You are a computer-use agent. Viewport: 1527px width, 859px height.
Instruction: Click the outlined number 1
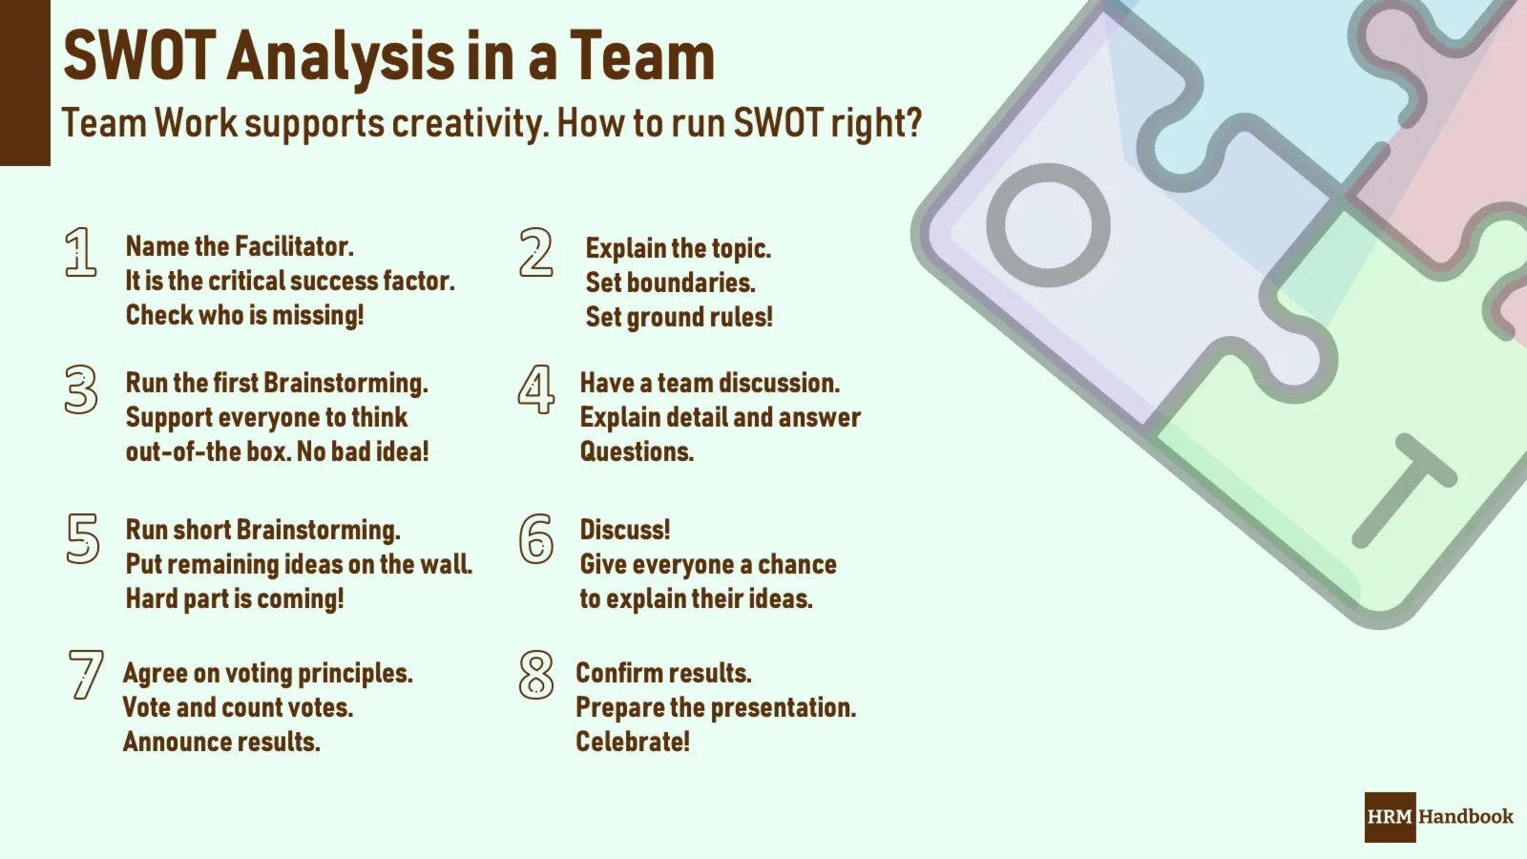coord(81,253)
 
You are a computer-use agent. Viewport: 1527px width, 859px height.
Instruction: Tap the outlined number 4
coord(536,389)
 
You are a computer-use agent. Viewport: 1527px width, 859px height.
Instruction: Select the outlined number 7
coord(85,675)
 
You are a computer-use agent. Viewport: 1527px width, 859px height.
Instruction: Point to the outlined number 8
coord(536,675)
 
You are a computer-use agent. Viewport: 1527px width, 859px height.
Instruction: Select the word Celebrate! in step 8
coord(632,742)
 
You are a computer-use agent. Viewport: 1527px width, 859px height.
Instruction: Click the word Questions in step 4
coord(636,451)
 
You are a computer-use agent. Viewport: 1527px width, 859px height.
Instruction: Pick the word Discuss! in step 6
coord(625,530)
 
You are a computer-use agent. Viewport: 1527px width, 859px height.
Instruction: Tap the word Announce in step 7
coord(172,742)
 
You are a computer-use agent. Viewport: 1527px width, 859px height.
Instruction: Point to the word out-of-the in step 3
coord(183,451)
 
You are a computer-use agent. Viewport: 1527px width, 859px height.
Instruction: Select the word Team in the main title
coord(642,56)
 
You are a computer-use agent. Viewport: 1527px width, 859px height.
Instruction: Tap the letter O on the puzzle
coord(1048,225)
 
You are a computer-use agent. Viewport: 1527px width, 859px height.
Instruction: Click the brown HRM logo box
coord(1390,817)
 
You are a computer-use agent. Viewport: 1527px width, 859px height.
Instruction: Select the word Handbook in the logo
coord(1466,817)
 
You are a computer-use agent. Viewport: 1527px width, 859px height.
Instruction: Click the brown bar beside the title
coord(25,83)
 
